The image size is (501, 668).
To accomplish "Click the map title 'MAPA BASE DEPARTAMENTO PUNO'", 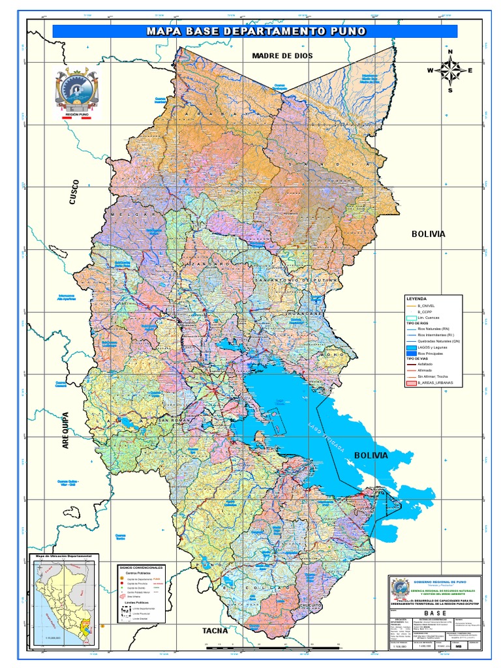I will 255,31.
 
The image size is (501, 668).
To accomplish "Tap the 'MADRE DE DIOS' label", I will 282,55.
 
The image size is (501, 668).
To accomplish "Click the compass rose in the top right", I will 449,70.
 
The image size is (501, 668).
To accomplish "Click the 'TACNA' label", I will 215,630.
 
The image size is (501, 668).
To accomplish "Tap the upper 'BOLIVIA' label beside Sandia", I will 428,233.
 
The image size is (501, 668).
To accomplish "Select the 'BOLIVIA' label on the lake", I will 371,454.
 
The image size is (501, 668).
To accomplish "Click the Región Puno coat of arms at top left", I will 77,90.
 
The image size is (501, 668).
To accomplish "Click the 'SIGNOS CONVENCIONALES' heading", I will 142,568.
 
